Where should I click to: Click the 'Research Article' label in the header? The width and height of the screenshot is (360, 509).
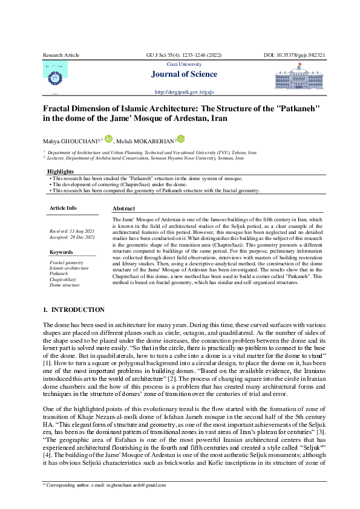click(61, 55)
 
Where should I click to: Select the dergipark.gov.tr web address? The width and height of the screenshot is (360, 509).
click(185, 92)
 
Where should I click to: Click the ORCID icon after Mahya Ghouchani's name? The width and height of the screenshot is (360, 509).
click(108, 139)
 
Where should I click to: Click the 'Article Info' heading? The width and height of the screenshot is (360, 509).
click(63, 208)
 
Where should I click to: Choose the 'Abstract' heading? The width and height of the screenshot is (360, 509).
click(124, 208)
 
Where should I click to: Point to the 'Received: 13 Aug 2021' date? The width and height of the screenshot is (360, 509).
click(71, 232)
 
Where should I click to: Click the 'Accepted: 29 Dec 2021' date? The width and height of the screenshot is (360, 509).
click(71, 238)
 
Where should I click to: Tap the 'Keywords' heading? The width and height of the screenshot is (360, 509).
click(61, 251)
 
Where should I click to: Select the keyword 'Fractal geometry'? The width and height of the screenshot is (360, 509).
click(67, 262)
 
